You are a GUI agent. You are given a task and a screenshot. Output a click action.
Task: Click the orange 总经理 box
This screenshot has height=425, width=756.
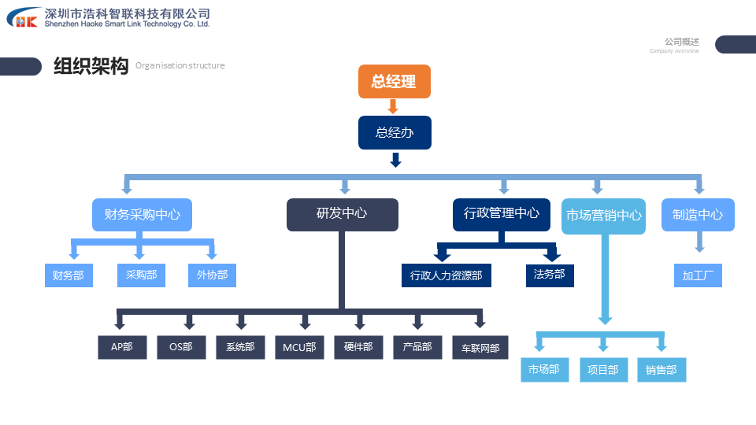coord(394,81)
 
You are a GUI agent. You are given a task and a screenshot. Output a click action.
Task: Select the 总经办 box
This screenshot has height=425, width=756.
coord(394,132)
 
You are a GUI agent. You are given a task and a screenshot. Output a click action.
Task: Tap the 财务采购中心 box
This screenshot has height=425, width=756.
coord(142,214)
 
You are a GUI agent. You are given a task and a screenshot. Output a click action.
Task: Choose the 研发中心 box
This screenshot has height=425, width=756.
coord(342,214)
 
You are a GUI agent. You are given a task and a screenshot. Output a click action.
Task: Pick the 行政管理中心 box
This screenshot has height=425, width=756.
coord(501,213)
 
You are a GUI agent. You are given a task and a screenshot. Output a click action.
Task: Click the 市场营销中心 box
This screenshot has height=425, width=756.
coord(603,216)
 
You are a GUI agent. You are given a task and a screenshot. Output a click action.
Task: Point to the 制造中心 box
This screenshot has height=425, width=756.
coord(698,215)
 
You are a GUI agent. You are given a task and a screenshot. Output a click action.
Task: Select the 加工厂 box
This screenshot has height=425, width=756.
coord(698,275)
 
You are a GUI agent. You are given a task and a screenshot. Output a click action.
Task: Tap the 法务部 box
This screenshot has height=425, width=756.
coord(550,275)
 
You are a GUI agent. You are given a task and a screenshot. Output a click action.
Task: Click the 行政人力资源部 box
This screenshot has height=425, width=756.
coord(446,275)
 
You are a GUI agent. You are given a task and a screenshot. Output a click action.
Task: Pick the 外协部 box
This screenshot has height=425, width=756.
coord(212,275)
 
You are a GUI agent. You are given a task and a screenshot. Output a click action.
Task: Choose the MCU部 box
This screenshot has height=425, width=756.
coord(299,347)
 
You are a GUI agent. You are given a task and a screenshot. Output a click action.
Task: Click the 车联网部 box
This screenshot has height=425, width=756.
coord(480,347)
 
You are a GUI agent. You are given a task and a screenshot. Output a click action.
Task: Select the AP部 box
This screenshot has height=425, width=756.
coord(122,347)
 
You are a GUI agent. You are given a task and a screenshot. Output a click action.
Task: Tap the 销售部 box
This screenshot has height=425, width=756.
coord(661,370)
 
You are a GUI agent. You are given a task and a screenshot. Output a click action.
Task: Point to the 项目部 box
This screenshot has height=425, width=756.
coord(603,370)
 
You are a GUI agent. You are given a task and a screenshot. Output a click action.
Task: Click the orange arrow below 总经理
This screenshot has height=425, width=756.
coord(394,106)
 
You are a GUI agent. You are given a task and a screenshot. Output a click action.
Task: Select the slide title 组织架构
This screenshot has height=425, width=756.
coord(91,66)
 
